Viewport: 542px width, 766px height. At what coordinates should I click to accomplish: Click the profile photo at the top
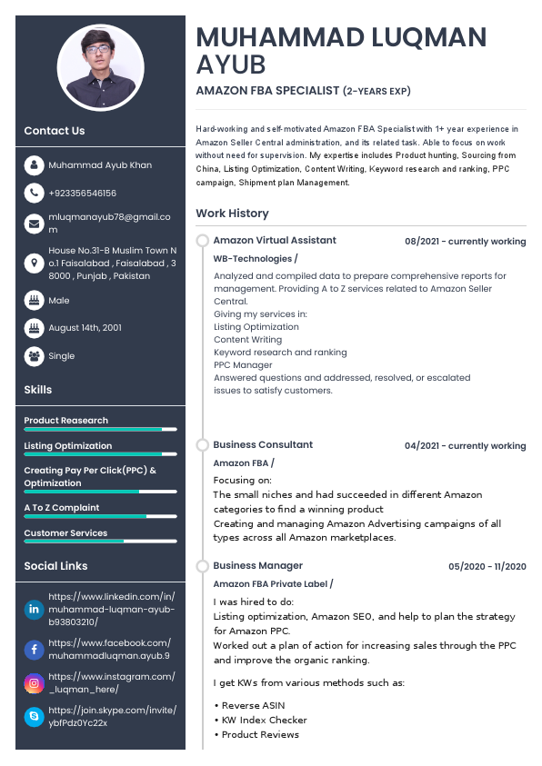(x=100, y=67)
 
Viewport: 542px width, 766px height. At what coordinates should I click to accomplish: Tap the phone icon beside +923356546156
(x=34, y=193)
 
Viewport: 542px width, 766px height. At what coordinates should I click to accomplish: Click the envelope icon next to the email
(x=34, y=223)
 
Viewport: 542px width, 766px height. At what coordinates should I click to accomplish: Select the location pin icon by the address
(x=34, y=263)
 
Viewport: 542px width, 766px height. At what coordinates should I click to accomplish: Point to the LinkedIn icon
(x=34, y=609)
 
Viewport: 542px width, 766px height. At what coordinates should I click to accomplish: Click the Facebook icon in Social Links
(x=34, y=649)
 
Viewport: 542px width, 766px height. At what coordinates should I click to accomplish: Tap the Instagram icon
(x=34, y=683)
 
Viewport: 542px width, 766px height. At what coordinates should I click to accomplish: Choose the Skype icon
(x=34, y=717)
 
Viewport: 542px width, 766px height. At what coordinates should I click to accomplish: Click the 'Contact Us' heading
(x=55, y=131)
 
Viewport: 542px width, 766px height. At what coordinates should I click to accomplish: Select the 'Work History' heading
(x=232, y=214)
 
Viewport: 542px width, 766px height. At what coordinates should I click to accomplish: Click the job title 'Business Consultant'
(x=263, y=445)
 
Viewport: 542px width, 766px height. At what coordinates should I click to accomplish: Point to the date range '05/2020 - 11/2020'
(x=487, y=567)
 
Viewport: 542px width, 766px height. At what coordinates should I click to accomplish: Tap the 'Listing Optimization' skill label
(x=68, y=446)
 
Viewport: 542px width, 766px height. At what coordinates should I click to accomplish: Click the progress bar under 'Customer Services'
(x=100, y=541)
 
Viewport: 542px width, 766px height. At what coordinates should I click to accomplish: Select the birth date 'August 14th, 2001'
(x=85, y=327)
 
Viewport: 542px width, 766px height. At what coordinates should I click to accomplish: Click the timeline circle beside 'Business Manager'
(x=203, y=566)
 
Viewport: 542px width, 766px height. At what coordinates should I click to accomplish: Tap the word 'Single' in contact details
(x=62, y=356)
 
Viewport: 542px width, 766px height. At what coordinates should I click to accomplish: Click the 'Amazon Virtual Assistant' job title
(x=275, y=241)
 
